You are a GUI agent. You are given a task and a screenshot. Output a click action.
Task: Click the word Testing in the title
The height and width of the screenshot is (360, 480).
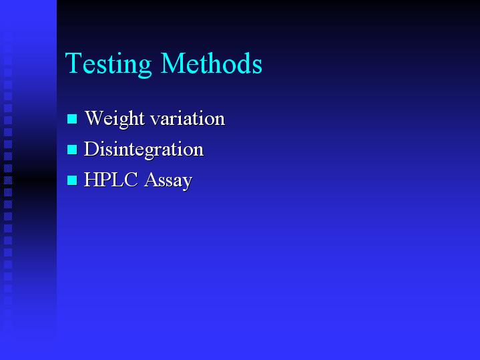coord(108,63)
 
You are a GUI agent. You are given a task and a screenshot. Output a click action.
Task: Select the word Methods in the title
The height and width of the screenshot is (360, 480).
coord(212,63)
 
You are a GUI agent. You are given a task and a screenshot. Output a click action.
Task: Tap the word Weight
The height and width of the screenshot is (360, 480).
coord(115,119)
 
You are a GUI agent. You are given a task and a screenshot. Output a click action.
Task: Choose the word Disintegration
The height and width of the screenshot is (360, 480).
coord(144,150)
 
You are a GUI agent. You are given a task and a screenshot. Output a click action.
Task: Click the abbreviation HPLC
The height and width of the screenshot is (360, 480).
coord(111,180)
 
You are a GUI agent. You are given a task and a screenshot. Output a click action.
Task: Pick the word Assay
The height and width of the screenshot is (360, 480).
coord(168,181)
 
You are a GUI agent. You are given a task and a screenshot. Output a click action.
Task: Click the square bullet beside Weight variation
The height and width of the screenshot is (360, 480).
coord(72,119)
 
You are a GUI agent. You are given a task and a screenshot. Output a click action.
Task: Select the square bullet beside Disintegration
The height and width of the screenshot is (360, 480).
coord(72,150)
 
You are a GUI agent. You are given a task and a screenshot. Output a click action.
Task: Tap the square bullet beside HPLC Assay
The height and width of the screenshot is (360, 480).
coord(72,180)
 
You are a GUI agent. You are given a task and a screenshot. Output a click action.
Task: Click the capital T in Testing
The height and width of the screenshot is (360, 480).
coord(73,63)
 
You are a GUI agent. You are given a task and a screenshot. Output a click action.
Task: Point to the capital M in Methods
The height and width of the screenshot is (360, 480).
coord(174,63)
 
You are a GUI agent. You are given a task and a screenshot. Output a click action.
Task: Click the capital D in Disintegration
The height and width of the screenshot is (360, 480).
coord(91,149)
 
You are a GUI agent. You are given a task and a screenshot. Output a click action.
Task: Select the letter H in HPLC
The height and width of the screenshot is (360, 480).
coord(91,180)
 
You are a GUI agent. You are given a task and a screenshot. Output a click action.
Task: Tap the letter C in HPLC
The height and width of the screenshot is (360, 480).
coord(131,180)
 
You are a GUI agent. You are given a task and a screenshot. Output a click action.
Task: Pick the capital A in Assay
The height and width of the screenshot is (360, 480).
coord(152,180)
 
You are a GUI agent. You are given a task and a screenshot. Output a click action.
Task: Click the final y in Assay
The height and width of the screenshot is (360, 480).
coord(188,183)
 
